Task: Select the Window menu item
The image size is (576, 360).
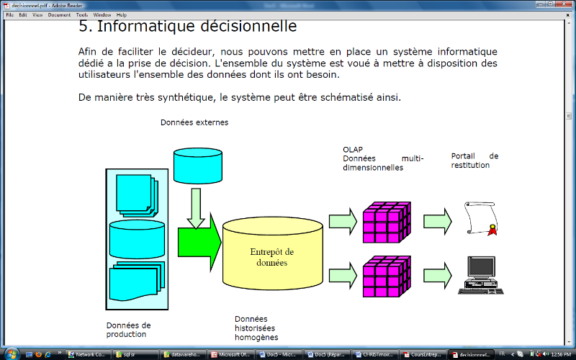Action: click(x=102, y=14)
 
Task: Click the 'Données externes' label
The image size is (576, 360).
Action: click(x=194, y=122)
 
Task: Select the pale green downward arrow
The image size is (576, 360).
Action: click(x=194, y=210)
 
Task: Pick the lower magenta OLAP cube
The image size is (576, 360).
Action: click(x=385, y=276)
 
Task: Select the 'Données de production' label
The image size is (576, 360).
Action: click(x=128, y=329)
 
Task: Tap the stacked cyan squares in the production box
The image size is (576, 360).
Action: click(x=137, y=194)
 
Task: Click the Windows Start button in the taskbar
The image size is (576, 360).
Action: click(x=10, y=354)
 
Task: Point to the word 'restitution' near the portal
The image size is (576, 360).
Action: click(x=471, y=165)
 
